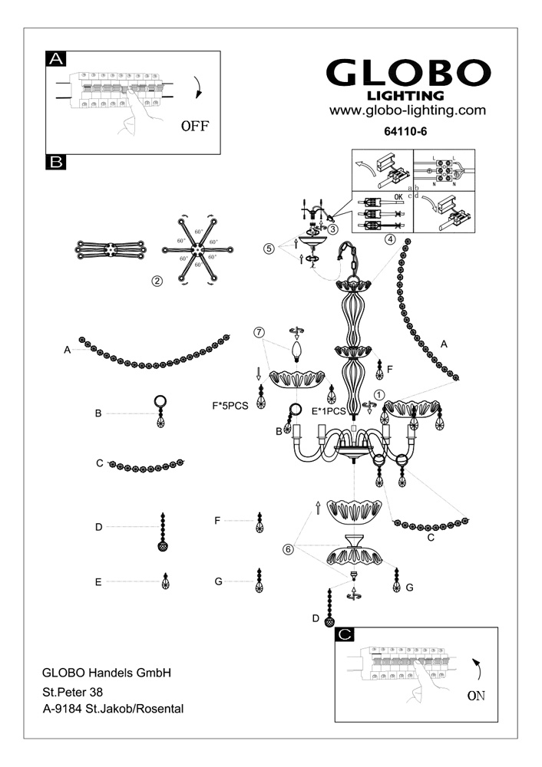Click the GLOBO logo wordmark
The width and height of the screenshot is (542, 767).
pos(408,73)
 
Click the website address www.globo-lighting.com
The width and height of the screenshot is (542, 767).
pos(408,110)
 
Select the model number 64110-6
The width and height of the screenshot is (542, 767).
pos(405,131)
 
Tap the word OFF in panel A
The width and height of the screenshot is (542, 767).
pos(195,125)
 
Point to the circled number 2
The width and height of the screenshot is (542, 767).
pos(157,281)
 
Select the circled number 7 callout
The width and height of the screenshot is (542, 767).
pos(259,332)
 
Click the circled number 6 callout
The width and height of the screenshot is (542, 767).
pos(289,548)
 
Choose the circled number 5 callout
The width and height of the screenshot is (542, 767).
pos(268,249)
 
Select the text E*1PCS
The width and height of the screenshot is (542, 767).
pos(329,411)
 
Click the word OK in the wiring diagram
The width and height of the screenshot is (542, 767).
pos(397,197)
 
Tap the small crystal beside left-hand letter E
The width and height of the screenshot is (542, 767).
pos(165,582)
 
